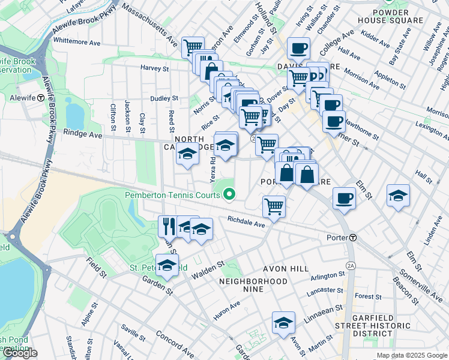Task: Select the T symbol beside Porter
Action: [x=354, y=238]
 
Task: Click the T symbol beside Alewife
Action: [x=40, y=98]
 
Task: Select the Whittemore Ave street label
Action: [x=77, y=43]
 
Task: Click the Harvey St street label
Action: [x=154, y=68]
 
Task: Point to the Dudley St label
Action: [x=164, y=98]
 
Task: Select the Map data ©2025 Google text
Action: [x=411, y=355]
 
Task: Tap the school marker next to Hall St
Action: [x=398, y=196]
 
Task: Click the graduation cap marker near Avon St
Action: [x=283, y=322]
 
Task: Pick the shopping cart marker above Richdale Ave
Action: [x=274, y=206]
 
